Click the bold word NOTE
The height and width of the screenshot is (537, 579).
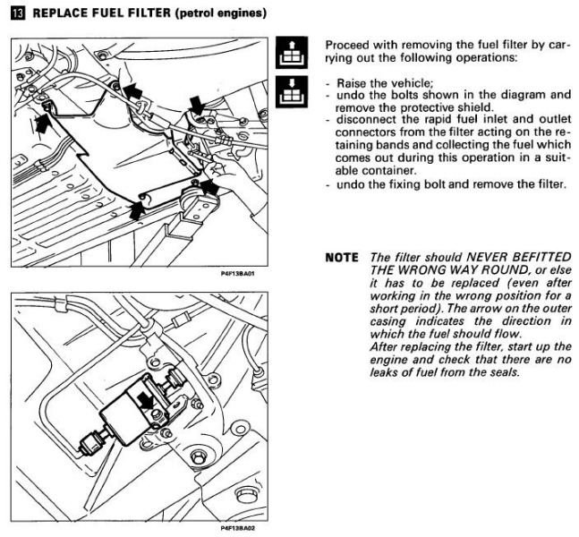pos(342,257)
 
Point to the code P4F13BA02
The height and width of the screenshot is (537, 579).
pos(236,529)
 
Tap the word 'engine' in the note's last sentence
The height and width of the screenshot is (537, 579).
pos(387,360)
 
